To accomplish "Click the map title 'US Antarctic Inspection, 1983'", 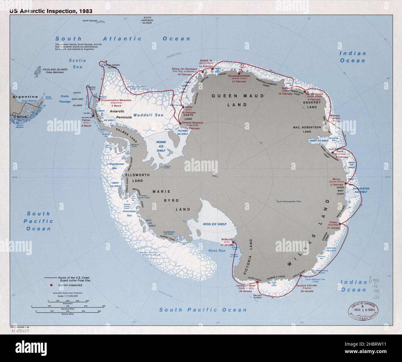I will pos(51,11).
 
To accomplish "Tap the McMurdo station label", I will pos(227,239).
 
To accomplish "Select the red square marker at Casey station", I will pos(340,224).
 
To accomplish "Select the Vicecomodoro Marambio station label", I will pos(116,100).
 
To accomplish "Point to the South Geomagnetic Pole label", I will pos(289,201).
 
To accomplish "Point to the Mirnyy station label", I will pos(336,179).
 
